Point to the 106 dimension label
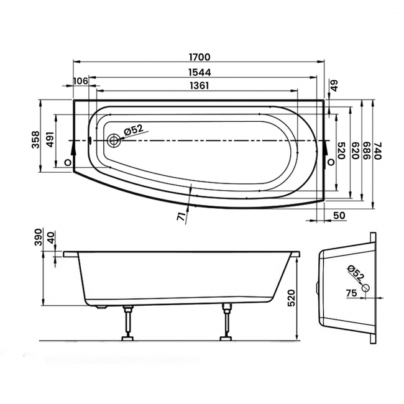[80, 81]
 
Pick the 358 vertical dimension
[36, 138]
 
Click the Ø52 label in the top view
[133, 130]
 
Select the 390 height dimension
[36, 239]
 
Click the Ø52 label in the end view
[356, 272]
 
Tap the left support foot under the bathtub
[129, 323]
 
